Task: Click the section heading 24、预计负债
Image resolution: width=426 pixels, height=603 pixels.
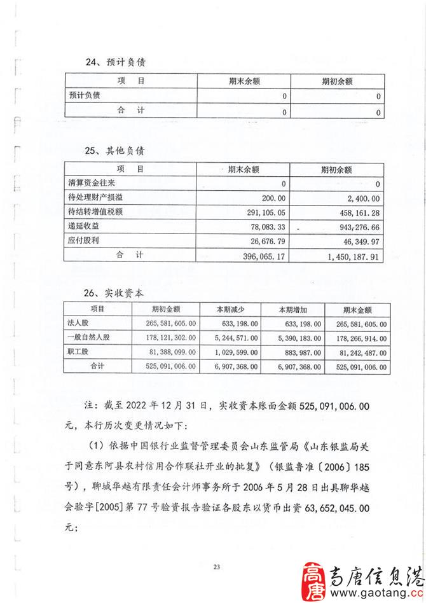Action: click(x=115, y=62)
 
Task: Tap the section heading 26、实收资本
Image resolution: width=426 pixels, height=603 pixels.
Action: click(x=115, y=293)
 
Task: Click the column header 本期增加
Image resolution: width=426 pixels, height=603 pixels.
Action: click(x=293, y=309)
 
